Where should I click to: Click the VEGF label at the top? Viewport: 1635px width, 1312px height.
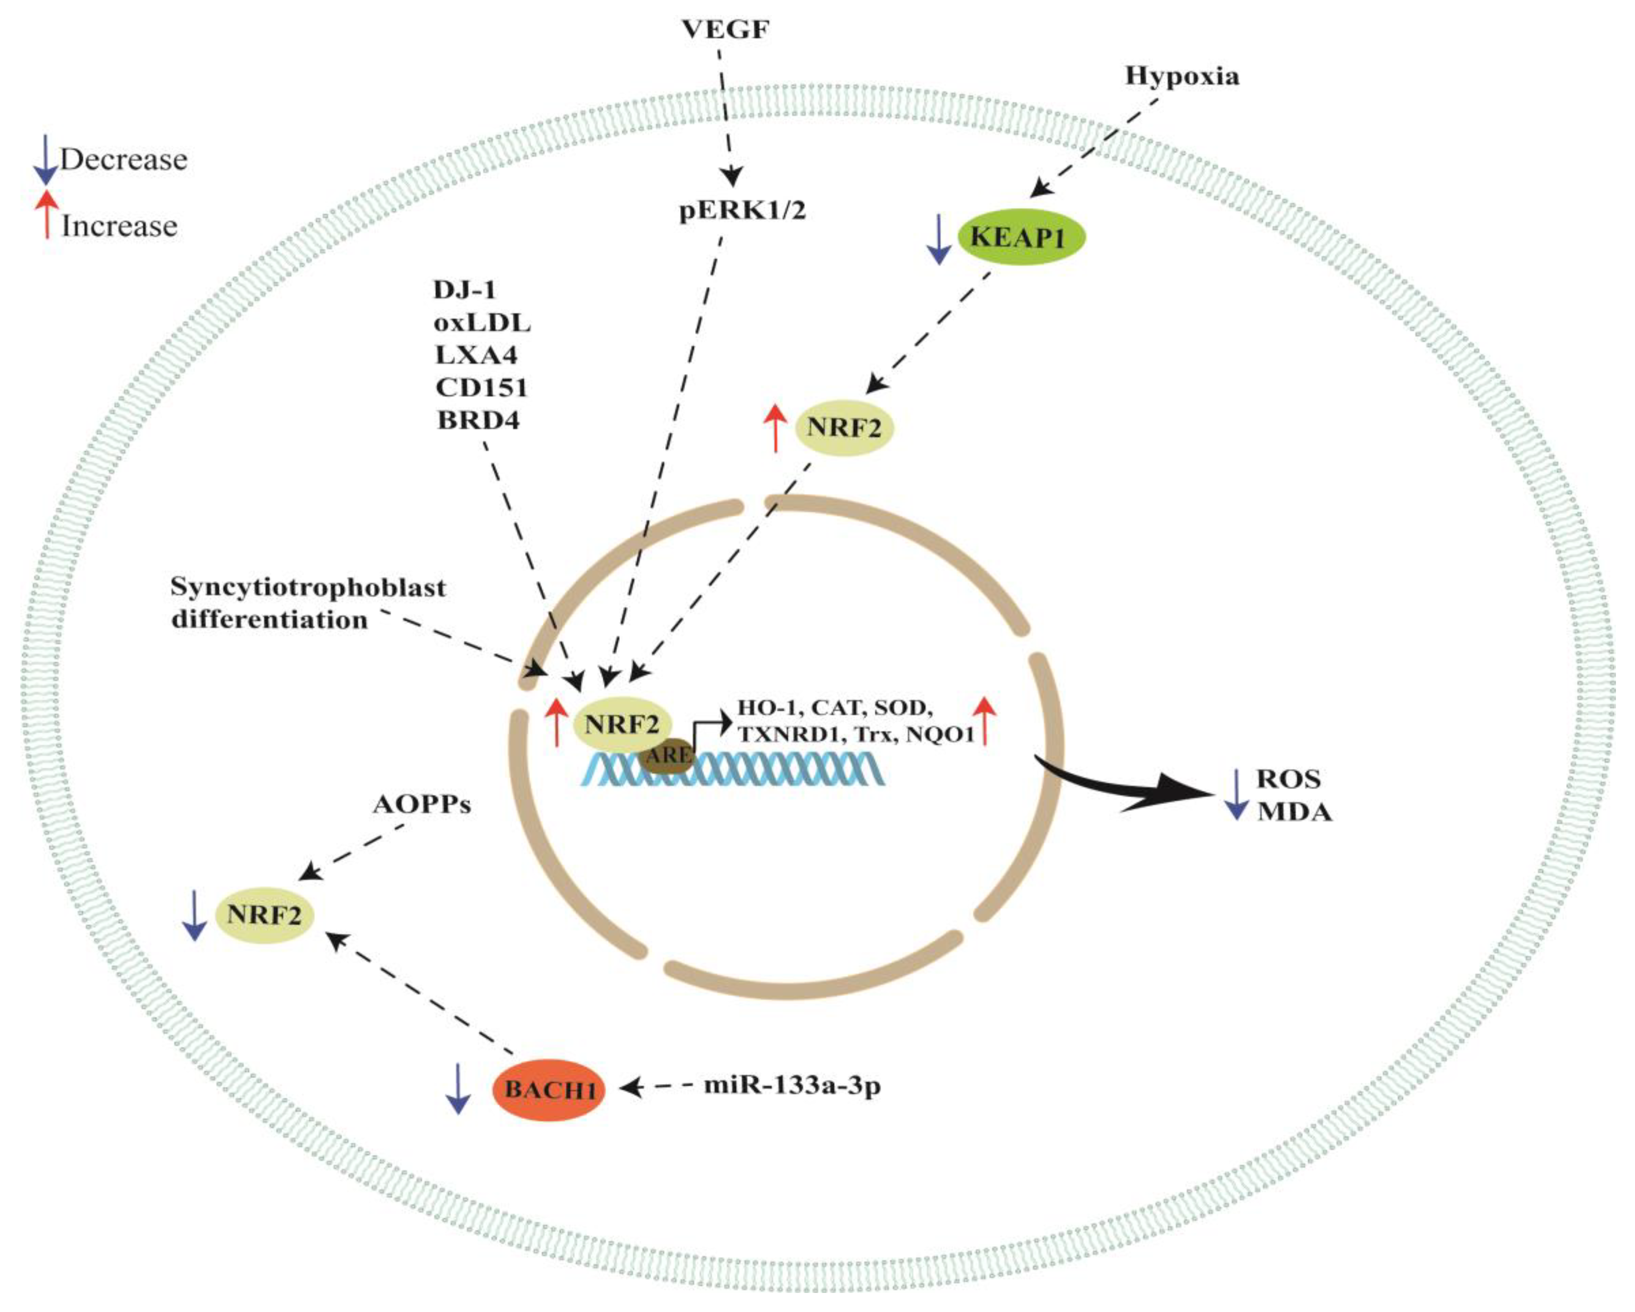[x=726, y=29]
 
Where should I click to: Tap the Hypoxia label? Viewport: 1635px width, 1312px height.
[x=1182, y=76]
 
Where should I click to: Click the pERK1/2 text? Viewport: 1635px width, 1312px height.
[x=742, y=210]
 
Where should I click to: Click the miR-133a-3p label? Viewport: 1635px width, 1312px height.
[x=793, y=1085]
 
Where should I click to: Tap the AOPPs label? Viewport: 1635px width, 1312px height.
[x=422, y=804]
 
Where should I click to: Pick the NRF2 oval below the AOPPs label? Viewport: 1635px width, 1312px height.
[x=264, y=915]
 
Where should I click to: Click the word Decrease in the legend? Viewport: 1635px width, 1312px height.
[x=124, y=159]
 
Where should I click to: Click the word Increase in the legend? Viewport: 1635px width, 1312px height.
[x=119, y=226]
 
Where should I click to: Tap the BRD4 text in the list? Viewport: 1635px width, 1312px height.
[x=478, y=420]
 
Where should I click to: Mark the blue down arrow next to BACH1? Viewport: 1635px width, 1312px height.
[x=457, y=1089]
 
